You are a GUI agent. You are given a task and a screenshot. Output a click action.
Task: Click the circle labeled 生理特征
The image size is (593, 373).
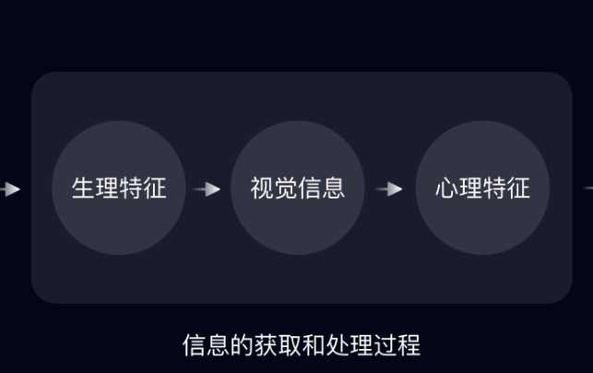(x=119, y=188)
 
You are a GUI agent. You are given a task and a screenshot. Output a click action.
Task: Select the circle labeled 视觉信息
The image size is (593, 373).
(x=297, y=188)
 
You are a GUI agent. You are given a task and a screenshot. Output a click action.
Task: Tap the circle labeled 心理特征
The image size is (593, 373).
(x=482, y=188)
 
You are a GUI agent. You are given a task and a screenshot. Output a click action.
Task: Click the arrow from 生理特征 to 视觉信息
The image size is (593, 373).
(x=208, y=189)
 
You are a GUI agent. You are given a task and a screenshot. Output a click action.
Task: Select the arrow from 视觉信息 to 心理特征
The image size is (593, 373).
(x=389, y=189)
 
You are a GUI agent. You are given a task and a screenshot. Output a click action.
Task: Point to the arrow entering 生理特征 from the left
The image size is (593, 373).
(x=9, y=189)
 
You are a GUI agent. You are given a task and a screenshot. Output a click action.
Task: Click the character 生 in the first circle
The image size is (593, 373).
(x=84, y=188)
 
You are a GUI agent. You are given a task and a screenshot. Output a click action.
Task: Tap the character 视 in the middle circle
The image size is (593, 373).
(x=262, y=188)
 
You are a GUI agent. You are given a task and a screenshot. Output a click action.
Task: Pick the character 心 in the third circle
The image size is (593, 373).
(x=447, y=188)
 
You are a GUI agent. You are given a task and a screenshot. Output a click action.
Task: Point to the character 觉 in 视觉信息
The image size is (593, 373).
(x=286, y=188)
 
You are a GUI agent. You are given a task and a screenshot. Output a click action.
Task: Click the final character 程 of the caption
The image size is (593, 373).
(x=409, y=346)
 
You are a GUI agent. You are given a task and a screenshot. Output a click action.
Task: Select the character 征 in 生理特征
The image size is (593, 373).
(x=155, y=188)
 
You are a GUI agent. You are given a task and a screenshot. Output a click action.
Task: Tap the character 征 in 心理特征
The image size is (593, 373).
(x=518, y=188)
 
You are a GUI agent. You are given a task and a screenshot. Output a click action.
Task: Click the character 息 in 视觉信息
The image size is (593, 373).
(x=333, y=188)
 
